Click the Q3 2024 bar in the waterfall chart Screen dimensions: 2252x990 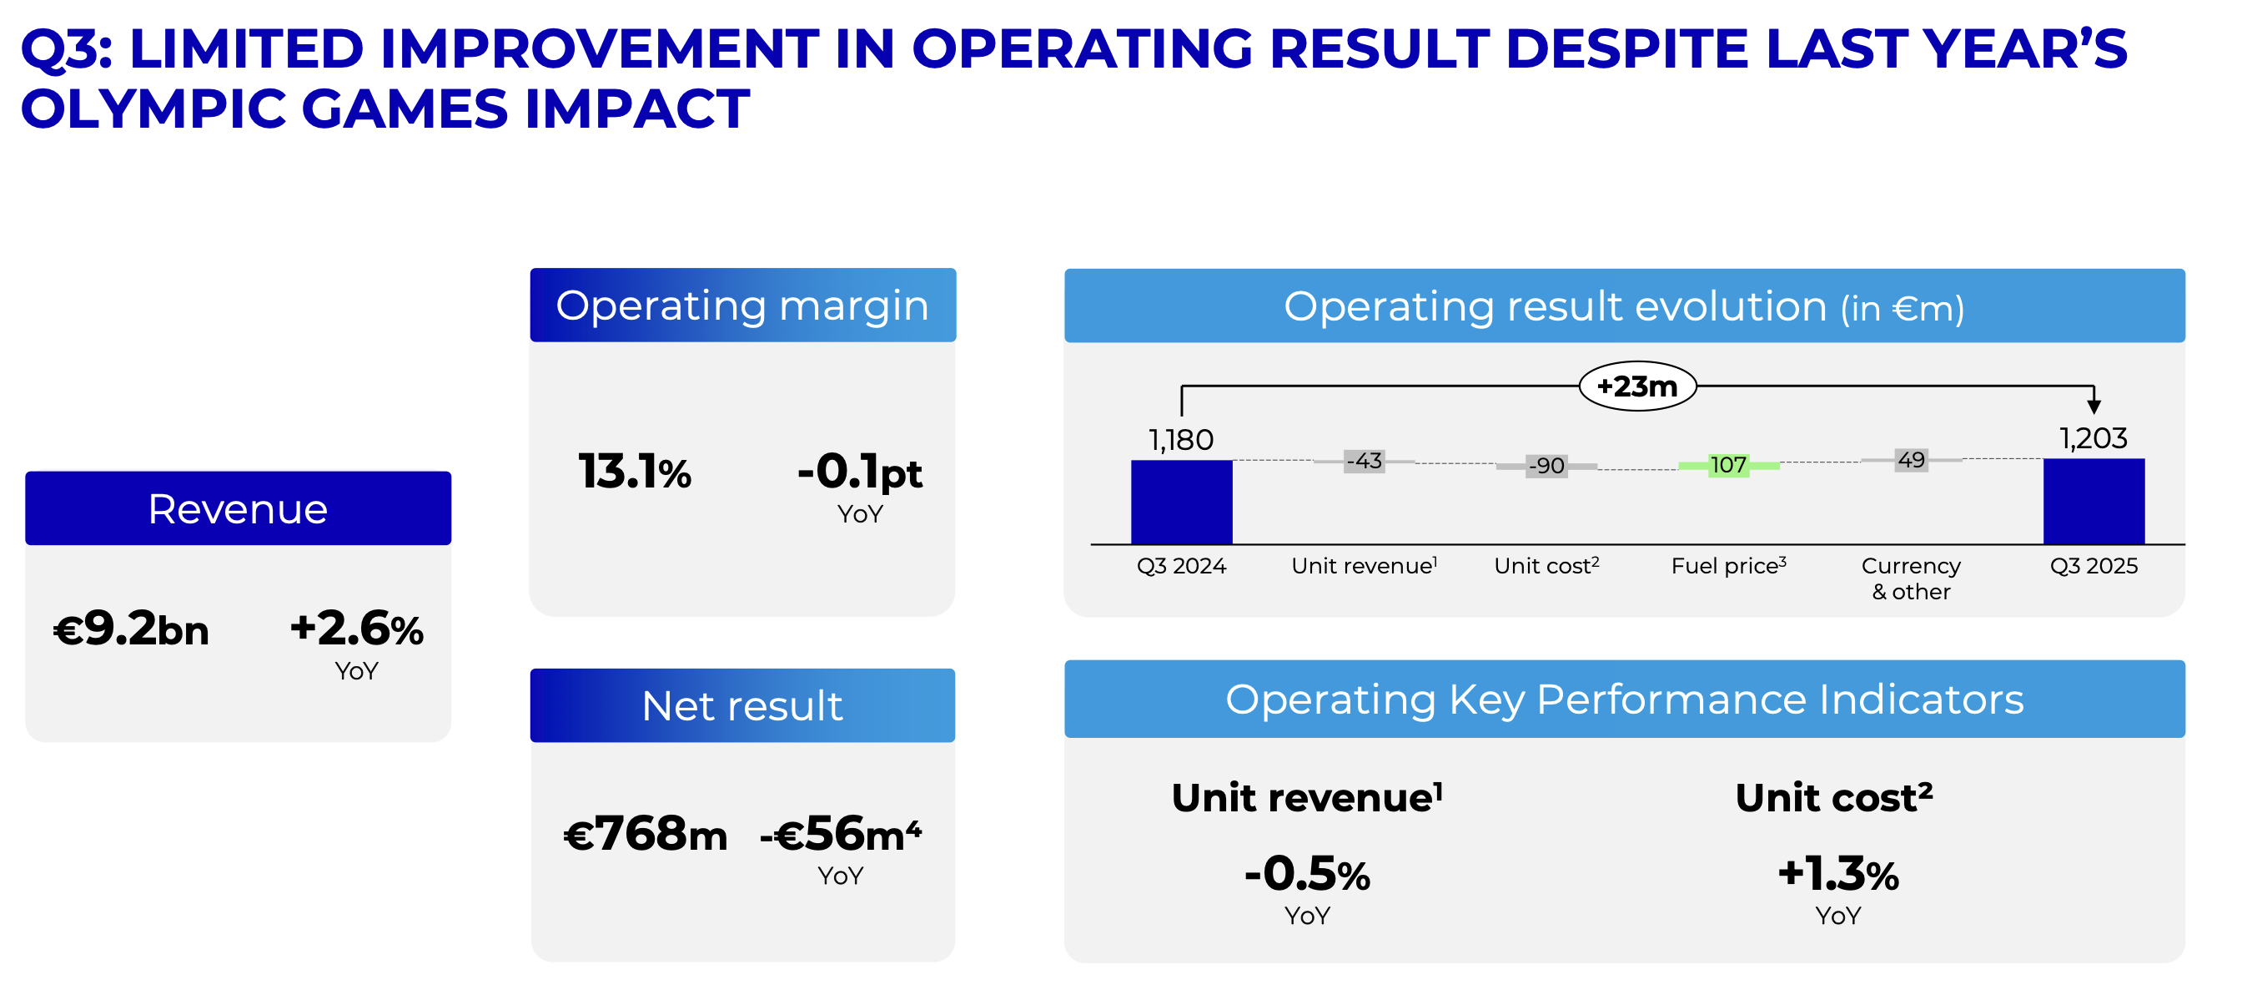click(x=1181, y=501)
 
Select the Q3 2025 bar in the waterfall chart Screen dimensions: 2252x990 click(x=2093, y=500)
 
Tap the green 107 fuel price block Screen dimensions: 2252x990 click(x=1727, y=465)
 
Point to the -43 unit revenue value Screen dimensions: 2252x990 click(x=1364, y=461)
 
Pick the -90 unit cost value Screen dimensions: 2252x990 click(x=1546, y=465)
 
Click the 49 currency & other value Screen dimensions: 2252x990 click(x=1911, y=460)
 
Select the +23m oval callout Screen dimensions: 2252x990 click(x=1637, y=386)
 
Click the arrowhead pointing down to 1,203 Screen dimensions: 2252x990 click(x=2094, y=407)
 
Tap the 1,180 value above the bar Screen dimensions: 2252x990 click(x=1181, y=440)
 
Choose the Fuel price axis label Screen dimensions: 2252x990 click(x=1728, y=566)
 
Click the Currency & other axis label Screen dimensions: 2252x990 click(x=1911, y=578)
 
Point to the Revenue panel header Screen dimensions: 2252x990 click(x=238, y=508)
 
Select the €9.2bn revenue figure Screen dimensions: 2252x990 click(x=131, y=629)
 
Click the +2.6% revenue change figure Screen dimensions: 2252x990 click(x=357, y=629)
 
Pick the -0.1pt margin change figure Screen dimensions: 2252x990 click(x=859, y=472)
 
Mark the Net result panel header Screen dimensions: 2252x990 click(x=742, y=705)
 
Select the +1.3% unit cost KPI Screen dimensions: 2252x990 click(x=1838, y=874)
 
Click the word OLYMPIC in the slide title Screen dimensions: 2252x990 click(x=149, y=109)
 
